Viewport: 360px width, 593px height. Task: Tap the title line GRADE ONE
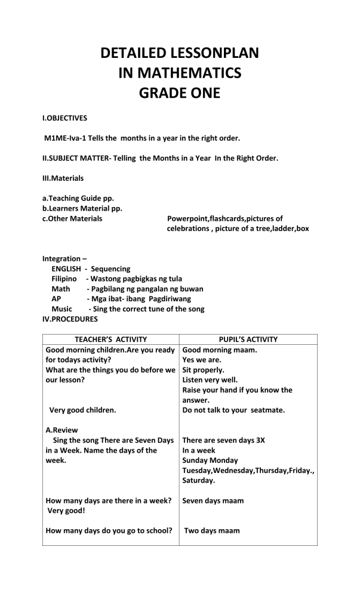point(180,93)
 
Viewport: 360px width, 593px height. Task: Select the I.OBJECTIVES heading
point(64,118)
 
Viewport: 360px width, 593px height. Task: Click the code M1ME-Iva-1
point(66,138)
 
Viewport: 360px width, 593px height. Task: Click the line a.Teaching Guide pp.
point(78,198)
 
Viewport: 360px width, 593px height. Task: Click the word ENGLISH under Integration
point(66,269)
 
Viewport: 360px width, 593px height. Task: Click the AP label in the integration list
point(57,299)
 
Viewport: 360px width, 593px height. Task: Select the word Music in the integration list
point(62,309)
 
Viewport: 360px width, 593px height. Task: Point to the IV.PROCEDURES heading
point(70,319)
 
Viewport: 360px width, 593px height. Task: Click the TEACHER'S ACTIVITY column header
point(111,339)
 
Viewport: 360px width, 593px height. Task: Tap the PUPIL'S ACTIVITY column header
point(248,339)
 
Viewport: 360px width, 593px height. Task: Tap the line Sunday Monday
point(210,460)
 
